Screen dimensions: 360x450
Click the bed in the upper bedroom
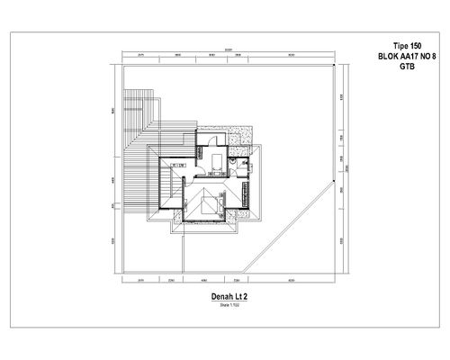[x=219, y=165]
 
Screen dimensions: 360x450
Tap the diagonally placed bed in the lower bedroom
[x=217, y=203]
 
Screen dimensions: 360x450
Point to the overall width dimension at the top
[x=229, y=49]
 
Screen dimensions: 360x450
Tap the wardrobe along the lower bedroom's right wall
[x=244, y=193]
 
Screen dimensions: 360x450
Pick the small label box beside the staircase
[x=179, y=165]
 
